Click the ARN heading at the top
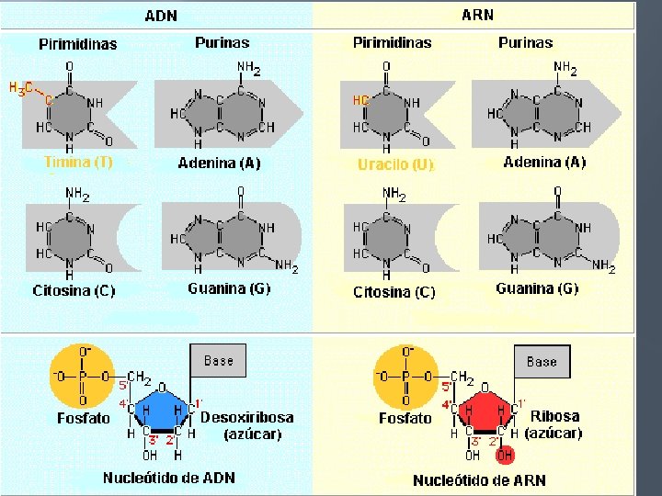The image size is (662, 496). [476, 15]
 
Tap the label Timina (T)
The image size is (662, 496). [79, 162]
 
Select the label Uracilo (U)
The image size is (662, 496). [395, 165]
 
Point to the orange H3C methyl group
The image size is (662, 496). [21, 88]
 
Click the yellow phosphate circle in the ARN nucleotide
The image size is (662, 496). [405, 377]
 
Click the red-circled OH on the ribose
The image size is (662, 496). [505, 455]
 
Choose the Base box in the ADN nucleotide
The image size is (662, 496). [218, 361]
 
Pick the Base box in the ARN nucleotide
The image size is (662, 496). [542, 361]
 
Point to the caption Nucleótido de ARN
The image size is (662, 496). [479, 479]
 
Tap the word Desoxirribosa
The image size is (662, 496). [246, 417]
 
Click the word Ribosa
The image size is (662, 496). [554, 416]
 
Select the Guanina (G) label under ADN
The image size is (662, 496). [229, 288]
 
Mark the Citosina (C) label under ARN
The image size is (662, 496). [394, 292]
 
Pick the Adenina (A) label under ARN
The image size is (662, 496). [544, 162]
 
